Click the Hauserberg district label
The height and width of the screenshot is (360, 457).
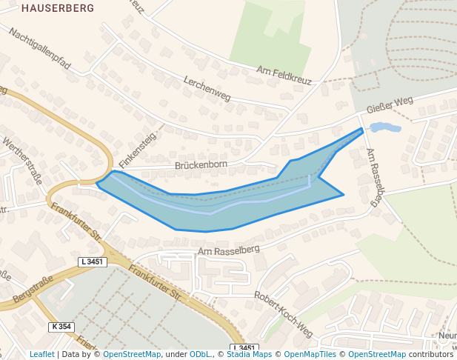point(58,9)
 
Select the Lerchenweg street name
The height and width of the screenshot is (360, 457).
point(207,89)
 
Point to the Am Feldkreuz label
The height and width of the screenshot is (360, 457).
point(284,76)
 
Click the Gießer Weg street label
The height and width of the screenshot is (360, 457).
point(389,105)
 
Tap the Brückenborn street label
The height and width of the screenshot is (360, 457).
point(199,165)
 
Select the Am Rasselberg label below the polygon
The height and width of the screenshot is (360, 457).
point(229,251)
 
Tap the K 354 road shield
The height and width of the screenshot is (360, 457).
point(62,327)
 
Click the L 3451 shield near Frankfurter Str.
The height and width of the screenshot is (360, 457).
point(93,262)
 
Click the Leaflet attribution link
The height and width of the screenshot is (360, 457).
point(42,354)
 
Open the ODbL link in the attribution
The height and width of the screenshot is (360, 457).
point(200,354)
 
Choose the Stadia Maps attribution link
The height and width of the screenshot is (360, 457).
point(249,354)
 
